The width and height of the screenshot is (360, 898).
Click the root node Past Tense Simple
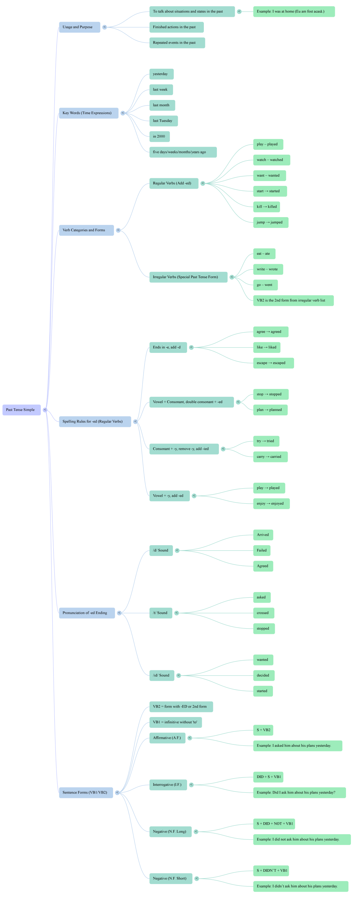point(21,410)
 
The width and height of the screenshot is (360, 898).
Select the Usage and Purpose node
point(79,27)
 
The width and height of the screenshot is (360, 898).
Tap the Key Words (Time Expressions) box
point(88,113)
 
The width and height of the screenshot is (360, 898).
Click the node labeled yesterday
point(161,74)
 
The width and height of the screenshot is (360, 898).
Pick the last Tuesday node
point(163,121)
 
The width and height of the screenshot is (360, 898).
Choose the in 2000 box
point(159,136)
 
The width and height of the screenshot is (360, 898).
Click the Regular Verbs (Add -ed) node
point(174,183)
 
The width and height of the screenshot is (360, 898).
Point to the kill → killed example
point(266,207)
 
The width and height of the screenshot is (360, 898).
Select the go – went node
point(265,285)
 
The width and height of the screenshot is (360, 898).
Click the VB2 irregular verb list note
point(293,300)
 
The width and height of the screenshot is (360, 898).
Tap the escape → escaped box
point(273,363)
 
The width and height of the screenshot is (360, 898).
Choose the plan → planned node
point(270,410)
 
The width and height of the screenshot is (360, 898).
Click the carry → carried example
point(270,457)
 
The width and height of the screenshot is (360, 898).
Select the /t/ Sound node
point(161,613)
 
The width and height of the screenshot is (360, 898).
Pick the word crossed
point(264,613)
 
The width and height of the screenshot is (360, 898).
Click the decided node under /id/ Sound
point(264,675)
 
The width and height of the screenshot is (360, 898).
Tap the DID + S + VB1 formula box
point(268,777)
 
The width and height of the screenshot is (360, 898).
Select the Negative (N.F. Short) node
point(171,878)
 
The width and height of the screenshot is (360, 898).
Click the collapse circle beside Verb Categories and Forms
point(118,230)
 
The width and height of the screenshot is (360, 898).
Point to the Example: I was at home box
point(294,12)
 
